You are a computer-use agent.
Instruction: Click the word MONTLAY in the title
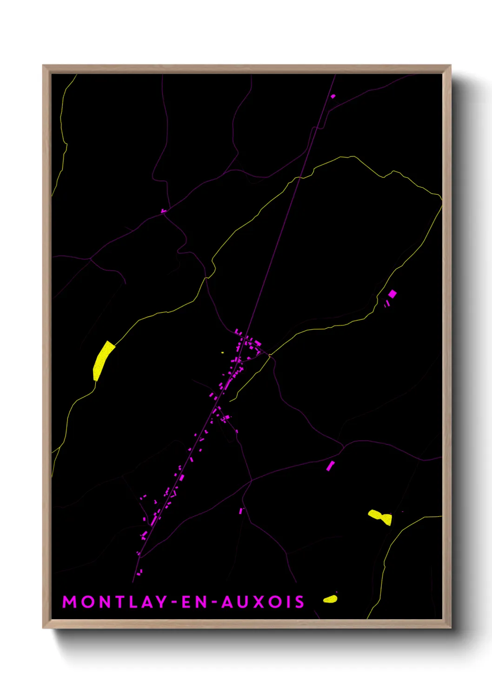[114, 602]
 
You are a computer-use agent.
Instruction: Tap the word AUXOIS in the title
[263, 602]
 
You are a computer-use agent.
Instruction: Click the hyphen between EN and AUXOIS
[213, 602]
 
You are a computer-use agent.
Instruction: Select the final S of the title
[299, 602]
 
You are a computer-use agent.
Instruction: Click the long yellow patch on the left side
[103, 360]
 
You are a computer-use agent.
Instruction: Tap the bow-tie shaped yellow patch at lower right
[380, 517]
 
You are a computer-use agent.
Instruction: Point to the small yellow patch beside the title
[330, 599]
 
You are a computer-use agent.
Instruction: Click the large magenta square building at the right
[392, 294]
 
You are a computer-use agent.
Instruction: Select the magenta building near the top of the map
[333, 96]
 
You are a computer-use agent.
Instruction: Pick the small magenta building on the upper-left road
[164, 211]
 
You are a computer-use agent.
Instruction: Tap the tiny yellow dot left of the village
[223, 353]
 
